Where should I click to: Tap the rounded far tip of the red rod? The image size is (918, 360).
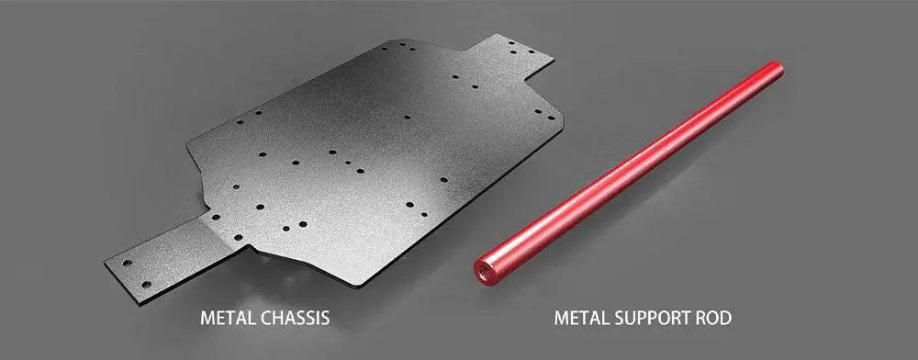777,69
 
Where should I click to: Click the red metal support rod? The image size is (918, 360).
628,170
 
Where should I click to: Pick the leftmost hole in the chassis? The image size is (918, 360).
127,263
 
